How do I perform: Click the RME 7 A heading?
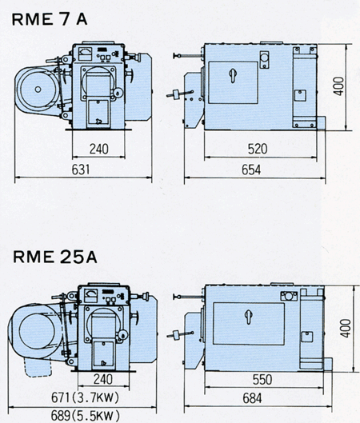click(x=50, y=19)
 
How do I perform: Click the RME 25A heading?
click(x=55, y=257)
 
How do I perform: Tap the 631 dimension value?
click(x=81, y=170)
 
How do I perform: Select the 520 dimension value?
click(x=258, y=149)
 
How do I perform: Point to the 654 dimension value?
click(x=251, y=170)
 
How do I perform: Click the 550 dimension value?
click(x=262, y=380)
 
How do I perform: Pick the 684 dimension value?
click(x=252, y=398)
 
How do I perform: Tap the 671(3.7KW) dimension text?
click(x=85, y=397)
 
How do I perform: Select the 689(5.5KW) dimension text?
click(x=86, y=416)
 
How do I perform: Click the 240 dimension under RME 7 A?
click(x=98, y=149)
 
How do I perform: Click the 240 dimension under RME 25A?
click(x=103, y=379)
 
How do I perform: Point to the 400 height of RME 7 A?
click(x=338, y=86)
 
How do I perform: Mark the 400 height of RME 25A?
click(x=345, y=329)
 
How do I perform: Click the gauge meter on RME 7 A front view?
click(x=86, y=54)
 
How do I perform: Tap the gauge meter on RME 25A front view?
click(x=91, y=295)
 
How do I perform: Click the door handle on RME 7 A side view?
click(x=232, y=75)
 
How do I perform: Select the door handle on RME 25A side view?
click(x=249, y=317)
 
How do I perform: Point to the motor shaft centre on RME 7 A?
click(x=38, y=90)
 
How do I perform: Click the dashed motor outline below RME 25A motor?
click(x=38, y=367)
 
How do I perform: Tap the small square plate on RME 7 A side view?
click(x=300, y=95)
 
